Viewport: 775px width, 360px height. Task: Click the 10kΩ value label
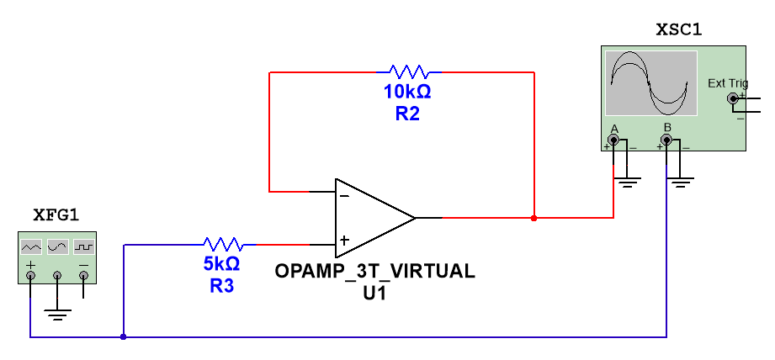[407, 93]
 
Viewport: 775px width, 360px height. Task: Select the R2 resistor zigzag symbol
[408, 72]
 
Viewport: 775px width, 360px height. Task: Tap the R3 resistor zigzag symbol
[223, 245]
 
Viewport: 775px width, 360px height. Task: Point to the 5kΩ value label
[221, 264]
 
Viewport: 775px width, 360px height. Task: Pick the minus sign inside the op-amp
[344, 195]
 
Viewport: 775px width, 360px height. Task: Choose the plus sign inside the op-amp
[344, 241]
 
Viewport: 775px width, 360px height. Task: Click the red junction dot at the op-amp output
[534, 218]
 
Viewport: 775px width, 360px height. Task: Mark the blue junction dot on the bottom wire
[124, 337]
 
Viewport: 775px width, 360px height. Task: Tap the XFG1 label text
[56, 215]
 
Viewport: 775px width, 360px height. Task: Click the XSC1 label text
[678, 31]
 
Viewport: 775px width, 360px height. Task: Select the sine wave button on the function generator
[57, 246]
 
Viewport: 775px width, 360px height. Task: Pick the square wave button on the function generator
[83, 246]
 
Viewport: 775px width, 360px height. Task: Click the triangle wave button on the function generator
[31, 246]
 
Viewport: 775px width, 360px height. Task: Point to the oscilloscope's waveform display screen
[651, 83]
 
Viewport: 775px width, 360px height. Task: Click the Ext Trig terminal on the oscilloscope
[733, 99]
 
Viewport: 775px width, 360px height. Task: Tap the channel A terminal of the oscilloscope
[613, 140]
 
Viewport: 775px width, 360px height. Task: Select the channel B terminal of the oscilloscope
[667, 140]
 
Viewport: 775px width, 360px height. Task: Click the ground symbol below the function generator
[57, 315]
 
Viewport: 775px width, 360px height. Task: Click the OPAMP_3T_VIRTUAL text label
[374, 272]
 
